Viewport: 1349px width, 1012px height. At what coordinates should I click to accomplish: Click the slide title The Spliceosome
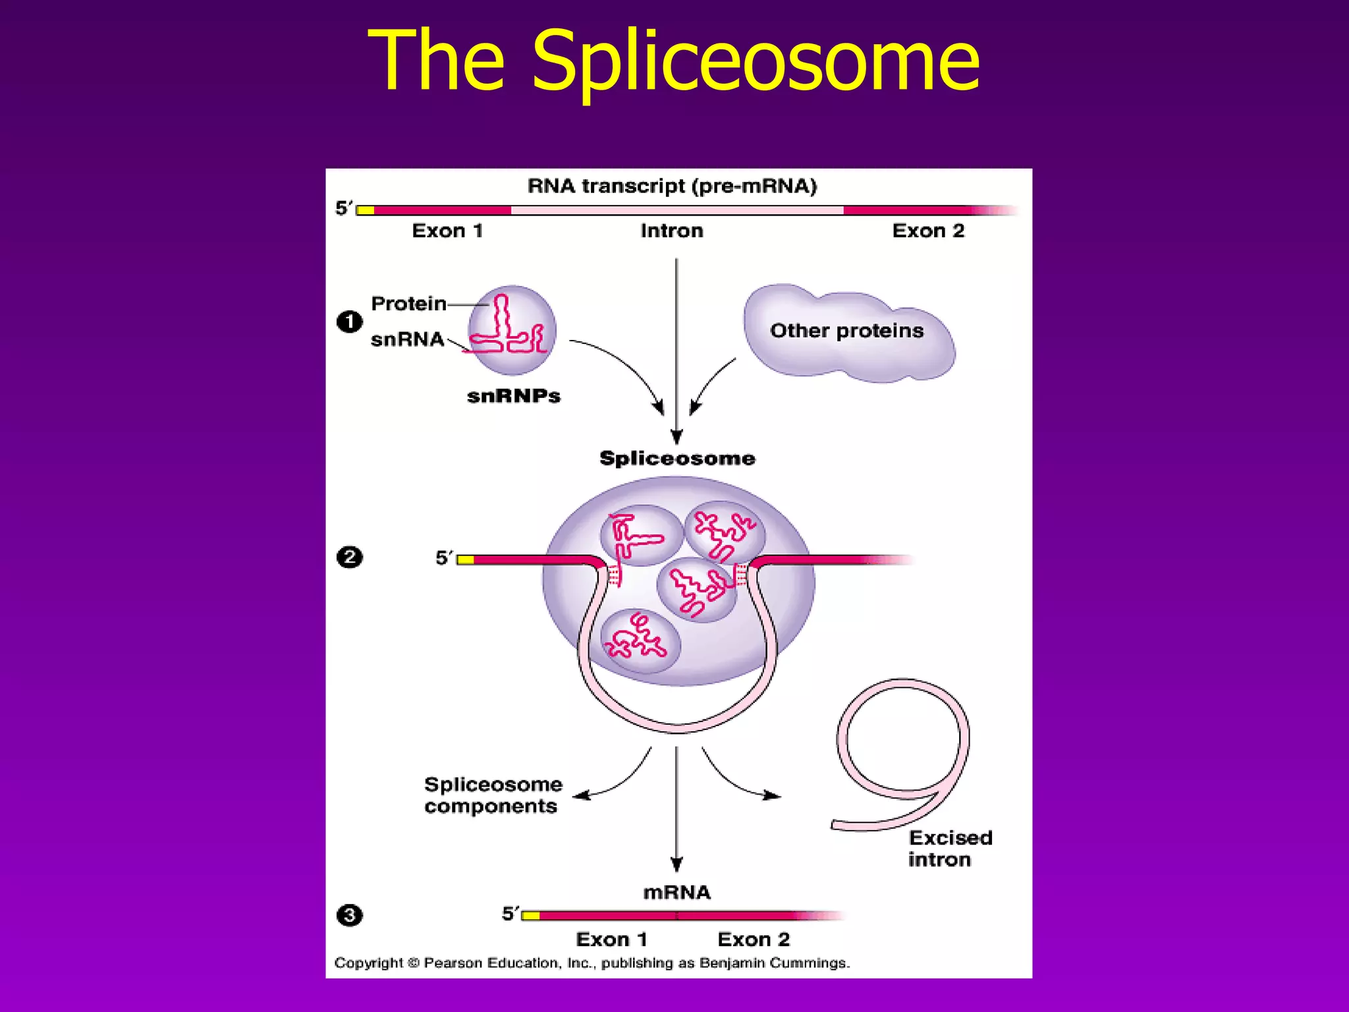673,61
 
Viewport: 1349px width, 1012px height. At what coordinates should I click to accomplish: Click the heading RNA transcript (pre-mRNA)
672,186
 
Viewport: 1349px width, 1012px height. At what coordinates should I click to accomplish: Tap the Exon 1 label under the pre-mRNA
447,231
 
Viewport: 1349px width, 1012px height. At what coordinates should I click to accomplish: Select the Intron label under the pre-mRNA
671,231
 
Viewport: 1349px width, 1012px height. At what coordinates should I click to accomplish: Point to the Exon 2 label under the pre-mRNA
927,231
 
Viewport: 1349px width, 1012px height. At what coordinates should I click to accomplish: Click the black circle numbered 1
349,322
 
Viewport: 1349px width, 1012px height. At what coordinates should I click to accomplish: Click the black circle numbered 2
349,557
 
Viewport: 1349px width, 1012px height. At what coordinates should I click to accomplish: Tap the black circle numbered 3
349,915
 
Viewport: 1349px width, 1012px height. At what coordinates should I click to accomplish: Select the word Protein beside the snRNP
408,304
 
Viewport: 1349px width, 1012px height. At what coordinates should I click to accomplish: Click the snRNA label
407,339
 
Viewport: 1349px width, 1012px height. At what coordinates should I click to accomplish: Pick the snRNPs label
513,396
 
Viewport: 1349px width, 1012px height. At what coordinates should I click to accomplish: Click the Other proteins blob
846,331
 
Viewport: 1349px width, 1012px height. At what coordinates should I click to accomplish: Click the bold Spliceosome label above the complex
676,459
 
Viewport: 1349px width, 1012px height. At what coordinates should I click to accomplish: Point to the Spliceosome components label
493,795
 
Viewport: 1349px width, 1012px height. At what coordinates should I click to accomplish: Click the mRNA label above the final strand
676,893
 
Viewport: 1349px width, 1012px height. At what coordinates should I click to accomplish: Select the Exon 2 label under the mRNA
753,940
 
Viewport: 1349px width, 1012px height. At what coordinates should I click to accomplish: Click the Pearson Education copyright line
592,963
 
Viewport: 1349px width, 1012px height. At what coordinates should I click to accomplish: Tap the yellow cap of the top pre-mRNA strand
366,211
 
